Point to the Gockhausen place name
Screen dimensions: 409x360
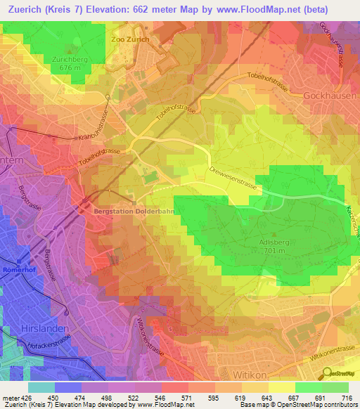point(332,95)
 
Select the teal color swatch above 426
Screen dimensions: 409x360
point(41,387)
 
